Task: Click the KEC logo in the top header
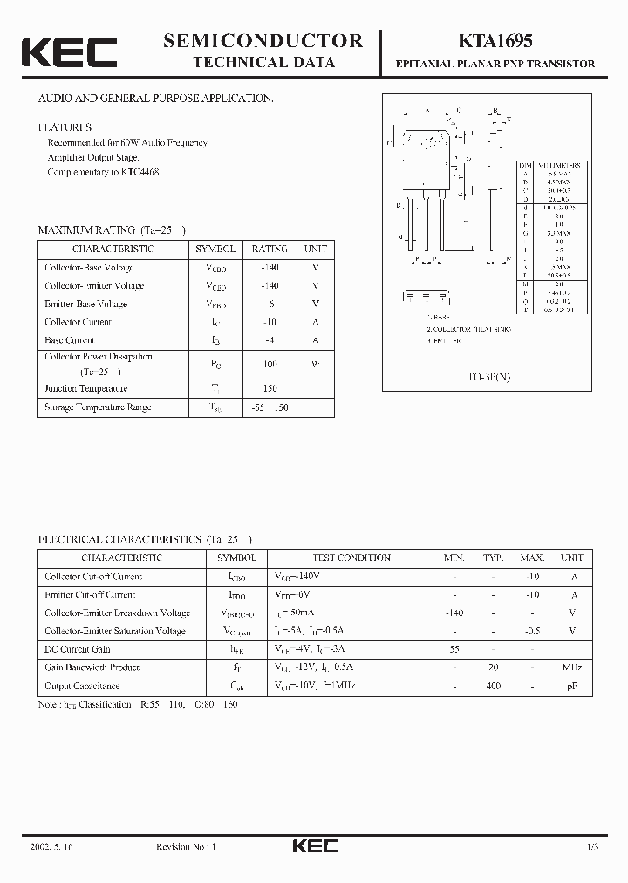69,51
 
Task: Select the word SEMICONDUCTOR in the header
263,40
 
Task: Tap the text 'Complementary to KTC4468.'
104,172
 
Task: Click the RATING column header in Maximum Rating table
270,249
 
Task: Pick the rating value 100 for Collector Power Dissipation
270,364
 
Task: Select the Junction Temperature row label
86,389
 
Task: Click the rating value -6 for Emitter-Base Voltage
270,304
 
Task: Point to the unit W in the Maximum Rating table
315,364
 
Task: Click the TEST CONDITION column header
352,558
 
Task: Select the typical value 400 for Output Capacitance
494,686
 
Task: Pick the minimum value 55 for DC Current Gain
454,649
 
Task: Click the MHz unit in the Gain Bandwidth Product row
572,667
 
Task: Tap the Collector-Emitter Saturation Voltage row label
115,631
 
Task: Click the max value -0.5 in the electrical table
532,631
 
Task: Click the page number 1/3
592,847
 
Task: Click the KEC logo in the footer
313,846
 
